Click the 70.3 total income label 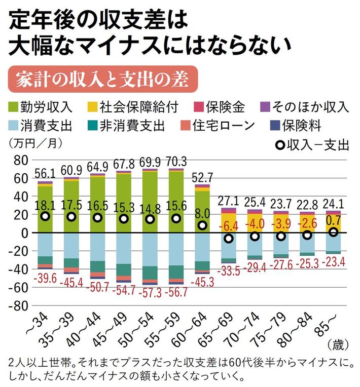176,162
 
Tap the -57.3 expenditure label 150,293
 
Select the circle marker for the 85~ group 334,232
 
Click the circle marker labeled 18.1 45,216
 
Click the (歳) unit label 338,346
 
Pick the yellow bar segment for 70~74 255,223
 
